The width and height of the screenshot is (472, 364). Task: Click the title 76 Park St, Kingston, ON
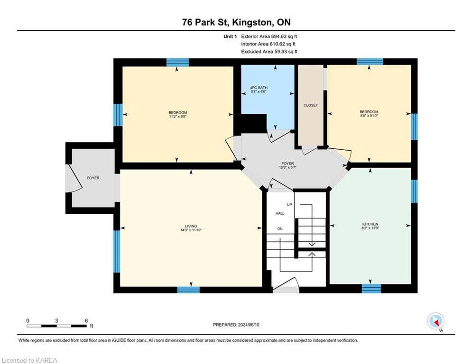click(236, 22)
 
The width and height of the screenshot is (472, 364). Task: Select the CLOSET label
click(311, 105)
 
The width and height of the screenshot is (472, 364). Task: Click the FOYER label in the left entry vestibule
click(93, 178)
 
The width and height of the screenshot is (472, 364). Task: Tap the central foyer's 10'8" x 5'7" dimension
click(288, 167)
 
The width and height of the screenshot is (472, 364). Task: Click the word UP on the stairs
click(289, 205)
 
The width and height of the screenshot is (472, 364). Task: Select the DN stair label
click(280, 229)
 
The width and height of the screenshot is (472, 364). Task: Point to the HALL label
click(280, 213)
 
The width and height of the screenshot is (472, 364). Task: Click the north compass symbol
click(436, 321)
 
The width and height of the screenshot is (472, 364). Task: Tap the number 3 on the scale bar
click(56, 321)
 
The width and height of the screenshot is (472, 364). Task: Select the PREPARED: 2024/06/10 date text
click(236, 325)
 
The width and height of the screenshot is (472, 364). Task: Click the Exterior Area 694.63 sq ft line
click(269, 36)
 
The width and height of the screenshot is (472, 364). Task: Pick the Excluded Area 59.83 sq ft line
click(269, 52)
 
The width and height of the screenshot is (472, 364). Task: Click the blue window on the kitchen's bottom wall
click(371, 288)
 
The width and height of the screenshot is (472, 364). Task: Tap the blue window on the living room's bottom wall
click(188, 290)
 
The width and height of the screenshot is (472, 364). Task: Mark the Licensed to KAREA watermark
click(29, 360)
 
